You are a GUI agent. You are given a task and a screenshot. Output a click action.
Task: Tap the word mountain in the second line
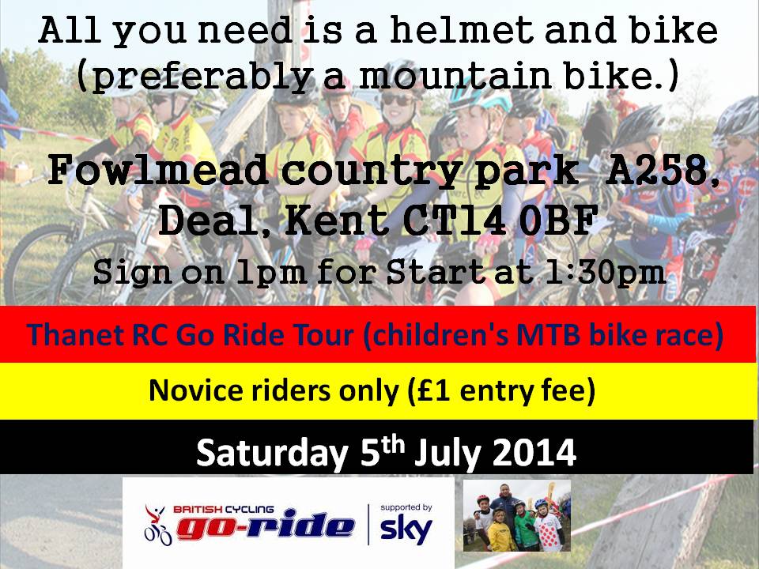click(x=455, y=77)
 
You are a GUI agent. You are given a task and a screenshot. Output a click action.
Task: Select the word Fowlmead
click(x=158, y=171)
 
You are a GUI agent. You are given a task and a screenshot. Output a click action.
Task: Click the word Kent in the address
click(x=336, y=221)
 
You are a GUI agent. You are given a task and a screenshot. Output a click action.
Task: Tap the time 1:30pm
click(x=605, y=273)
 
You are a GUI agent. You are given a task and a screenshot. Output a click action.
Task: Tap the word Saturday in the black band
click(x=272, y=453)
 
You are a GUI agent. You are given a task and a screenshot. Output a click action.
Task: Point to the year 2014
click(x=534, y=453)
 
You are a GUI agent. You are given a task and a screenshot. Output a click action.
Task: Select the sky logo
click(x=406, y=530)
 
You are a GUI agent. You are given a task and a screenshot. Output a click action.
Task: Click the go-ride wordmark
click(x=266, y=525)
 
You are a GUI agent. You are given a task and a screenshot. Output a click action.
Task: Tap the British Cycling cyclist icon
click(x=157, y=525)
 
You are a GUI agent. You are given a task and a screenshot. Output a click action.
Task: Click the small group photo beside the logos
click(x=517, y=516)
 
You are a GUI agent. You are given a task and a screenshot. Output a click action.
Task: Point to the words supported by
click(x=406, y=507)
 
